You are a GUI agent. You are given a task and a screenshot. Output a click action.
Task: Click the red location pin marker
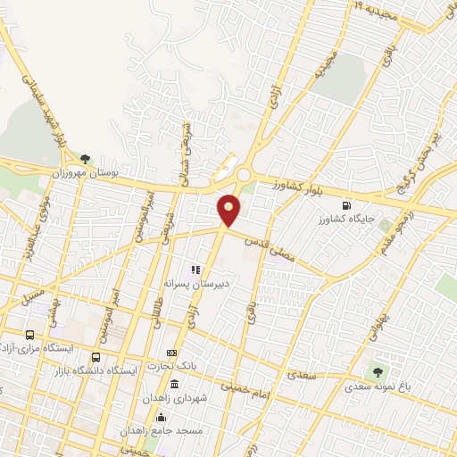[x=229, y=210]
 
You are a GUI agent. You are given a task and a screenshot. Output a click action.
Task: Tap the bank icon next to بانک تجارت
[x=172, y=353]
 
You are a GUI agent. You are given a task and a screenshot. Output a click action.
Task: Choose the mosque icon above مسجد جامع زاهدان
[x=161, y=417]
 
